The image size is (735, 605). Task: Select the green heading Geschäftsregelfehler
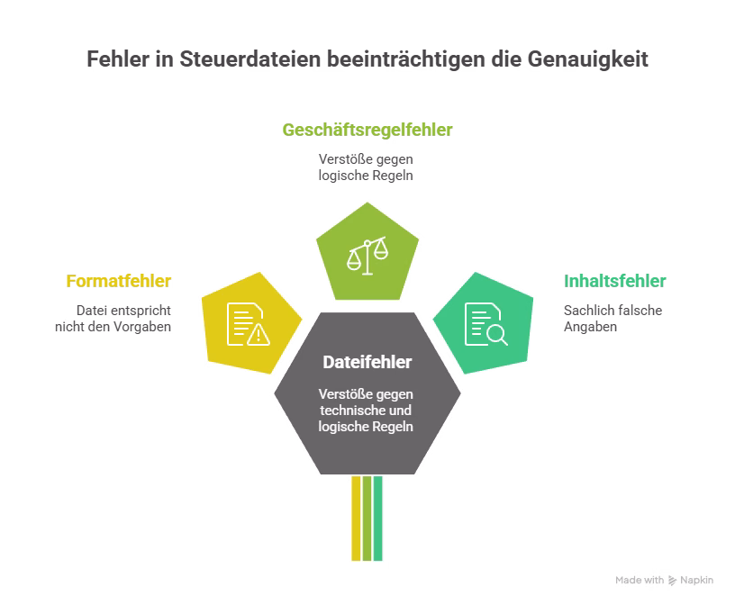tap(367, 131)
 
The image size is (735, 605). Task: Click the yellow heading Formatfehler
tap(119, 282)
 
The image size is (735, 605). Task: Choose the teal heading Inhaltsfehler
tap(615, 282)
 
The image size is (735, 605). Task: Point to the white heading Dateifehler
tap(367, 363)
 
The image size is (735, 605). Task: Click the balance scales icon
tap(367, 256)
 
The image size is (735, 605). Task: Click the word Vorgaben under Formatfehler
tap(142, 327)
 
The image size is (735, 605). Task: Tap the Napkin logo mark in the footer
tap(673, 581)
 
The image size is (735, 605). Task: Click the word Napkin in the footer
tap(697, 581)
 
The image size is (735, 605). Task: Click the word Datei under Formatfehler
tap(91, 311)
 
